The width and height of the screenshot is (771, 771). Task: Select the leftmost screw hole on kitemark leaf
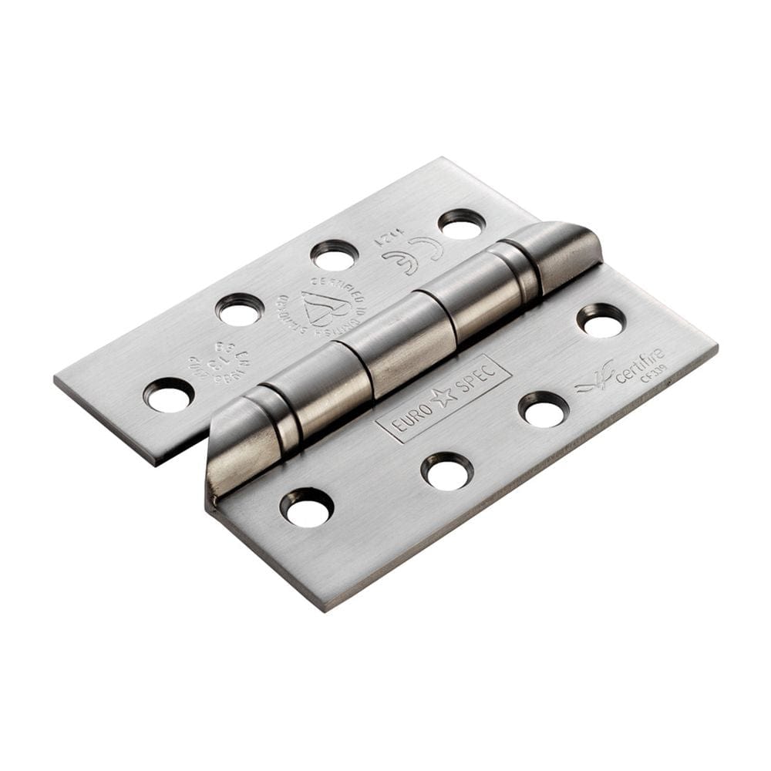pos(169,396)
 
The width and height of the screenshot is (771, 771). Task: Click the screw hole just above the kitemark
pos(335,255)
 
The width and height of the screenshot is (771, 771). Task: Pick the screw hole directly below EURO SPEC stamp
pos(448,471)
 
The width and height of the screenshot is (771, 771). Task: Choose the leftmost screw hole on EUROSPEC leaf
pos(307,507)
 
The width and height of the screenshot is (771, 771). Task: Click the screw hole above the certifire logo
pos(601,320)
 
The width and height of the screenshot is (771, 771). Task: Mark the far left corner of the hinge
pos(56,379)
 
